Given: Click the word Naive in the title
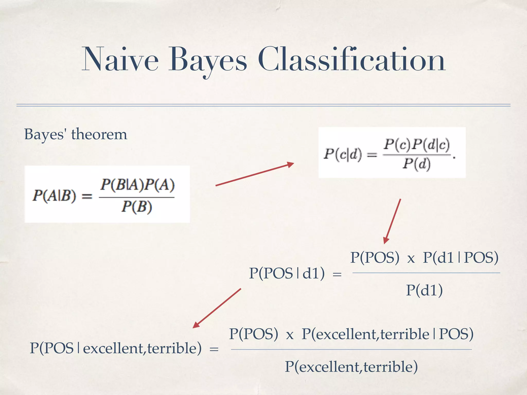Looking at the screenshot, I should tap(120, 60).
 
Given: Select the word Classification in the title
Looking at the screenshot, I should tap(352, 60).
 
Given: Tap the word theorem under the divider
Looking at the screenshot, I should tap(99, 134).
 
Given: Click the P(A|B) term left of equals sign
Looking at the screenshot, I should tap(54, 196).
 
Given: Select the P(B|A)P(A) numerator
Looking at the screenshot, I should tap(137, 185).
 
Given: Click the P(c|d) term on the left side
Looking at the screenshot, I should tap(342, 154).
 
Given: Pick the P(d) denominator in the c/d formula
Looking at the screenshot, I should tap(416, 164).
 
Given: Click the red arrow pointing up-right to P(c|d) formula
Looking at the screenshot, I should tap(255, 174).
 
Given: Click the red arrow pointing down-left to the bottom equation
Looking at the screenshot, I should tap(217, 308).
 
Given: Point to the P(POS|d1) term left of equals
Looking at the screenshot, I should tap(287, 273).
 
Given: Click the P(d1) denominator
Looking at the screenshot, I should tap(424, 290).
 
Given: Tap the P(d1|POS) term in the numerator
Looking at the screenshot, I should tap(461, 257).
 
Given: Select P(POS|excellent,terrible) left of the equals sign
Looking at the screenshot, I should tap(116, 348).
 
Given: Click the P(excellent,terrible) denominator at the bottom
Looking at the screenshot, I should tap(351, 367).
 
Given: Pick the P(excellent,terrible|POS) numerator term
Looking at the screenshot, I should tap(387, 334).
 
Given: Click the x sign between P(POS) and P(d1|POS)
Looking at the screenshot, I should tap(411, 258).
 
